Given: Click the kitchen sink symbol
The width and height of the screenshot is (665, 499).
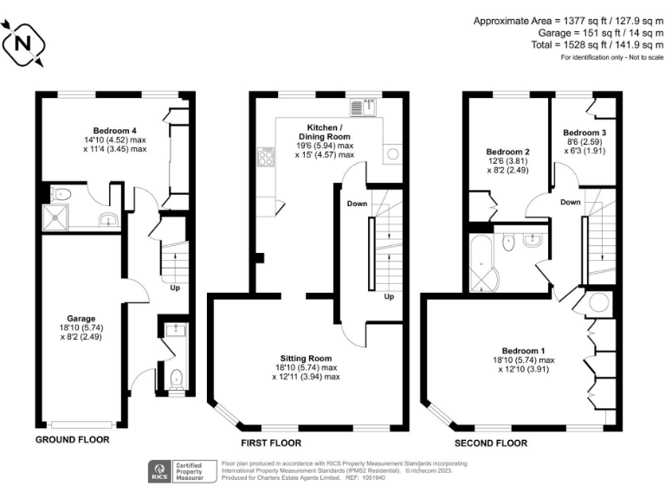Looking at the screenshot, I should click(x=361, y=107).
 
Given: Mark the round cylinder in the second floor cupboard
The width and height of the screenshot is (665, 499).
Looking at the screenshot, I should click(x=598, y=304).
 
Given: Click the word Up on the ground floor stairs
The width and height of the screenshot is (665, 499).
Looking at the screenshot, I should click(x=175, y=288).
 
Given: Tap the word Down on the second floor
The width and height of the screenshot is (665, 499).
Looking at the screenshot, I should click(x=570, y=202).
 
